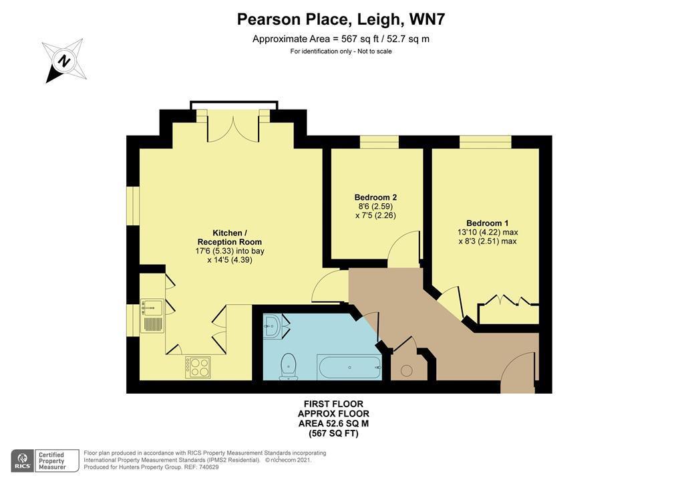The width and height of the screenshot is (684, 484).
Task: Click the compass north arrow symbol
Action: (63, 60)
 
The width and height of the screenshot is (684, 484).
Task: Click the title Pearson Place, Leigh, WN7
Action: (341, 19)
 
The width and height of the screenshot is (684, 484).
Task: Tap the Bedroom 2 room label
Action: (375, 197)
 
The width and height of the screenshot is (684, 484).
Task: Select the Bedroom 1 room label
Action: (487, 223)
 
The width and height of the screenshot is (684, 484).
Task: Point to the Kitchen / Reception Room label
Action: (229, 237)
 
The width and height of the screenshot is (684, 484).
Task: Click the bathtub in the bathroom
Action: (349, 366)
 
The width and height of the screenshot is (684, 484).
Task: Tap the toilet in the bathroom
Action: (289, 366)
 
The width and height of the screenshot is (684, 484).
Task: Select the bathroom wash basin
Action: (272, 326)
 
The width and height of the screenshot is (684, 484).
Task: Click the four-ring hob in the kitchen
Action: (198, 367)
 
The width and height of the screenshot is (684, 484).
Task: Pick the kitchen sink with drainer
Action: (152, 316)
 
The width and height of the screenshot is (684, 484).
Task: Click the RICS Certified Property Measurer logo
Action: (45, 461)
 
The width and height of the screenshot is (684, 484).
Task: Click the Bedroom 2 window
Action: (379, 142)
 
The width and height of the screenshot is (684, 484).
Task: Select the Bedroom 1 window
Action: (485, 142)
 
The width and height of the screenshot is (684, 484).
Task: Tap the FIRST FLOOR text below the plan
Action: (333, 404)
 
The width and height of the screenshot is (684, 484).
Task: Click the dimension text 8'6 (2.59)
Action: (375, 207)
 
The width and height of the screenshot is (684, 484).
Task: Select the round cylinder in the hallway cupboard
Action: (406, 370)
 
